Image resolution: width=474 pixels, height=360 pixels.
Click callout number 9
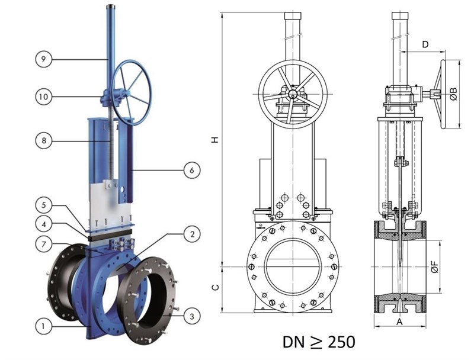44,59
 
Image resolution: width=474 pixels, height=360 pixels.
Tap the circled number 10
44,97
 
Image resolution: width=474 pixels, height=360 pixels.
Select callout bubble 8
44,140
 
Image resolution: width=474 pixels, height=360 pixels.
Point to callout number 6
192,171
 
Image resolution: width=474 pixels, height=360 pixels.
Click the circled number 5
44,205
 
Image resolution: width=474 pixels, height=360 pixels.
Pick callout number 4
44,224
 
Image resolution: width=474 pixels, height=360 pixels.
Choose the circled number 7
44,244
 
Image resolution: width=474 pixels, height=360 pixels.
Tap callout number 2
192,233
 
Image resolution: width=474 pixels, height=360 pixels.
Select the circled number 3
192,316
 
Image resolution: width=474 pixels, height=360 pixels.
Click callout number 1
44,326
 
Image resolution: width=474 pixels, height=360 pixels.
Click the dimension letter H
215,140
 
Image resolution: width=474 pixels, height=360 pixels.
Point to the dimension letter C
215,288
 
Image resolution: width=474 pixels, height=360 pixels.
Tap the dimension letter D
425,44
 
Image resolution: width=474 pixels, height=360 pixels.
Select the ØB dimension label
453,94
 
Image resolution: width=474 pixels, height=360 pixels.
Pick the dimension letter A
399,322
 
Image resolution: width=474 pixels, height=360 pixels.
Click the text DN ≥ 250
319,342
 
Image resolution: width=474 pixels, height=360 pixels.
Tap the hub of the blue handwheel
129,93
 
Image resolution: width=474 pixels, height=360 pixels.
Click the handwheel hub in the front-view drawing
293,94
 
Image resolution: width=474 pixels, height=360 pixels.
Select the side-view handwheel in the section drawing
443,94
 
